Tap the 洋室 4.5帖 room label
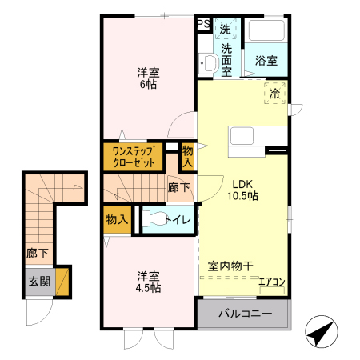[x=148, y=281]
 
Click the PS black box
[x=204, y=24]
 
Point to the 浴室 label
[x=266, y=61]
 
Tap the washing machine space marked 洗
[x=226, y=28]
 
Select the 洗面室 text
[x=226, y=60]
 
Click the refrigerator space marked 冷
[x=274, y=94]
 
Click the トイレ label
[x=176, y=219]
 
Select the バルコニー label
[x=245, y=314]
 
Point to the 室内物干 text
[x=231, y=266]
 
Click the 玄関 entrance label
[x=39, y=281]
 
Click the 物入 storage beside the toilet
[x=117, y=219]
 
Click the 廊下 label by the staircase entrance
[x=37, y=254]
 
